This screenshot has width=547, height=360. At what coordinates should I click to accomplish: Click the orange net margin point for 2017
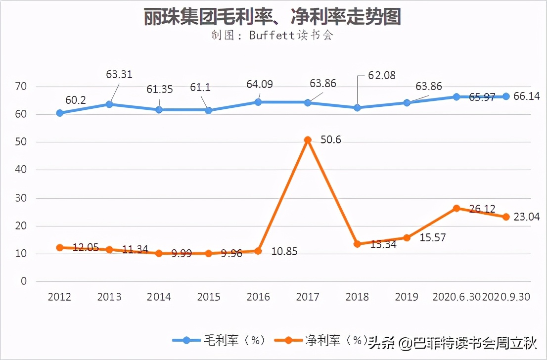(308, 140)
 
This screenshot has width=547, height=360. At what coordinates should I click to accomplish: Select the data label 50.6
(331, 140)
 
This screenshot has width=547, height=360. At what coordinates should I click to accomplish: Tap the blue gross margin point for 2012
(60, 113)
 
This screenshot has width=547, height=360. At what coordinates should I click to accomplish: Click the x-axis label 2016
(258, 297)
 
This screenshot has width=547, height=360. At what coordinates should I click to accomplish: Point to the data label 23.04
(526, 217)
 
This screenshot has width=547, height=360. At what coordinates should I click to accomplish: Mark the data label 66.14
(526, 96)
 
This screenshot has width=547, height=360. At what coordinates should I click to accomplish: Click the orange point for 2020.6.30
(456, 208)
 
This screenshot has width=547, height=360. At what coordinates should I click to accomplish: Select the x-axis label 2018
(357, 297)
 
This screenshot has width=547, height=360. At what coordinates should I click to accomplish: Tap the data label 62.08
(382, 76)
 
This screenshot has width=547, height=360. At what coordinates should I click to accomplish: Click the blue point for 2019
(407, 103)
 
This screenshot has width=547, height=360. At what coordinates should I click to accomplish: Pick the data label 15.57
(432, 238)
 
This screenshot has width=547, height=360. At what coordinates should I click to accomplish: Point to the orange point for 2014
(159, 253)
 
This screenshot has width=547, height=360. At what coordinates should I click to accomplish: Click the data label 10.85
(285, 251)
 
